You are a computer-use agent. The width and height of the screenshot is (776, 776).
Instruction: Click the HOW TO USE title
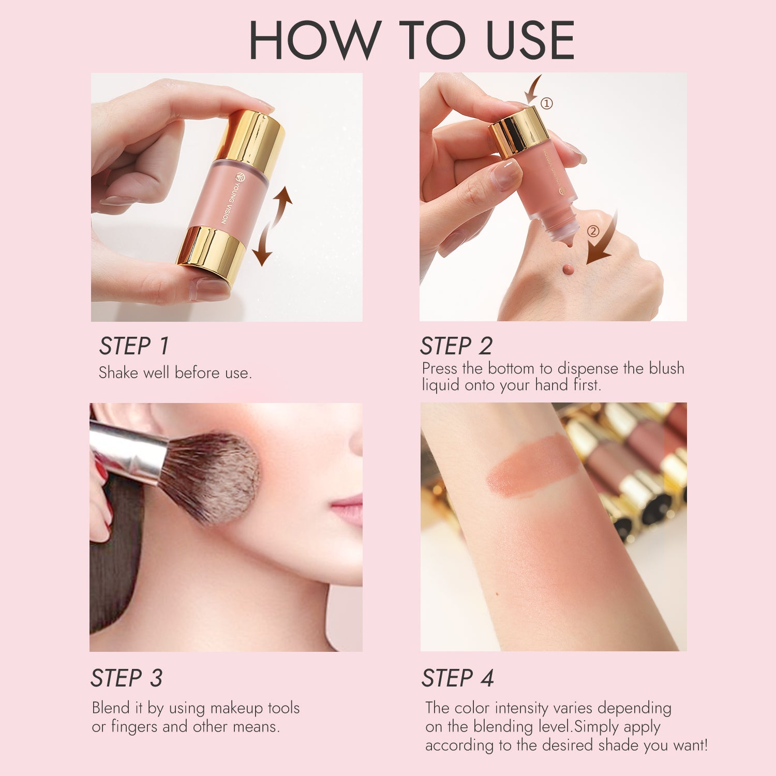pyautogui.click(x=411, y=40)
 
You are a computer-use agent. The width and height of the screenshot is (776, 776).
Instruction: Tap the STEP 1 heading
pyautogui.click(x=134, y=346)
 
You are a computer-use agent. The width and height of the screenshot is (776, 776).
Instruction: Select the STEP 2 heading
pyautogui.click(x=456, y=346)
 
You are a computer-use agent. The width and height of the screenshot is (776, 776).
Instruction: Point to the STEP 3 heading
pyautogui.click(x=127, y=678)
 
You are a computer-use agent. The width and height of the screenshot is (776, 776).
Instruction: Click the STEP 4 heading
pyautogui.click(x=457, y=678)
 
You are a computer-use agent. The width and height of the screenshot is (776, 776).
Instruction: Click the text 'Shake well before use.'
pyautogui.click(x=175, y=373)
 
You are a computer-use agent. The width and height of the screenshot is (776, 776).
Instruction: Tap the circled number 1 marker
pyautogui.click(x=547, y=103)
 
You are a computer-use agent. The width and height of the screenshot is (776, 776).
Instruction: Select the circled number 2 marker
pyautogui.click(x=593, y=231)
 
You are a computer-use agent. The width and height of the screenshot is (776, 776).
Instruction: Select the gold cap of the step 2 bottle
pyautogui.click(x=519, y=130)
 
